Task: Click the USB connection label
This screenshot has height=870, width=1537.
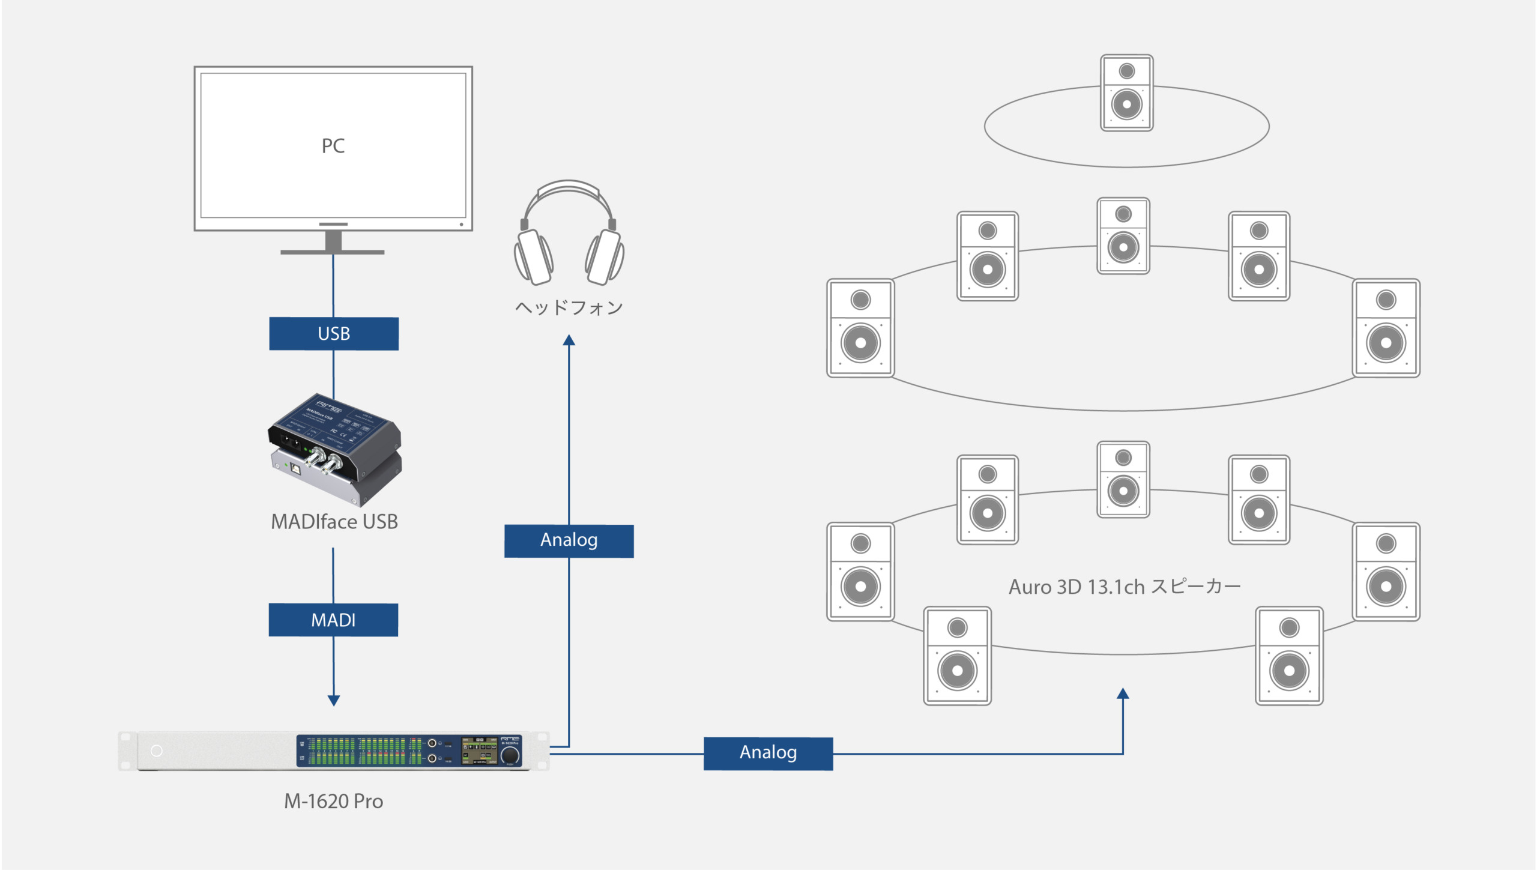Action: pyautogui.click(x=334, y=334)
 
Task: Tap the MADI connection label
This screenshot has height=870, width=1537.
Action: pyautogui.click(x=333, y=620)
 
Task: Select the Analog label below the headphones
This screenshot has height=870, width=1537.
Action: pyautogui.click(x=569, y=540)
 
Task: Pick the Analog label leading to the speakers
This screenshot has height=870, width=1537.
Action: pyautogui.click(x=768, y=753)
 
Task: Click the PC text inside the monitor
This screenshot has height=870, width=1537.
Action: pyautogui.click(x=333, y=146)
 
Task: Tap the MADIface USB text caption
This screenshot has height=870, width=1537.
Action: pyautogui.click(x=334, y=522)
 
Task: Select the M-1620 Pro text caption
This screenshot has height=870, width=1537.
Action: pyautogui.click(x=333, y=801)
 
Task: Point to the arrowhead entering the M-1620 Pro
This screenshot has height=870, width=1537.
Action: pyautogui.click(x=334, y=700)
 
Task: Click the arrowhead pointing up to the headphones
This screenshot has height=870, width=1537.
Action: pyautogui.click(x=569, y=340)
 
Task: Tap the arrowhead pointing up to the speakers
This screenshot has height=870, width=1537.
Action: pyautogui.click(x=1123, y=694)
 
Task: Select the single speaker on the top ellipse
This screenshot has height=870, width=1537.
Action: pyautogui.click(x=1126, y=93)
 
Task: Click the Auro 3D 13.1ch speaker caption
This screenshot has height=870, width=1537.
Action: pyautogui.click(x=1124, y=587)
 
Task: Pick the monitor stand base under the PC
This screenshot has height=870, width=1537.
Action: pyautogui.click(x=333, y=252)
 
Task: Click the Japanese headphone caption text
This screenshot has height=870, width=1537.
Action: pyautogui.click(x=569, y=308)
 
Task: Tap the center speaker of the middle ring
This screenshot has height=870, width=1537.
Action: pyautogui.click(x=1123, y=236)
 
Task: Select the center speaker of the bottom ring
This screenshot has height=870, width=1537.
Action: pyautogui.click(x=1123, y=480)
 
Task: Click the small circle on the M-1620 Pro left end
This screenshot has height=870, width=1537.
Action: pyautogui.click(x=157, y=751)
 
